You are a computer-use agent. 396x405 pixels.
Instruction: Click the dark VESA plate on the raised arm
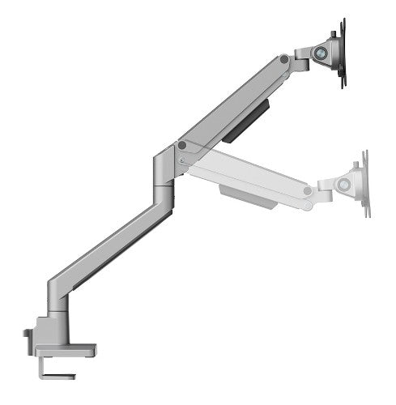coord(341,52)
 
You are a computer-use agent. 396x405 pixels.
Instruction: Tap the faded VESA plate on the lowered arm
coord(364,184)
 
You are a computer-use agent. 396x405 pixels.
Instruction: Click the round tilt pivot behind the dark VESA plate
coord(321,51)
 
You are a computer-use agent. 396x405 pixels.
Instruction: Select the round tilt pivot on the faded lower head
coord(344,185)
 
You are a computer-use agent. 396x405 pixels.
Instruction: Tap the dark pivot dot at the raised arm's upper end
coord(283,60)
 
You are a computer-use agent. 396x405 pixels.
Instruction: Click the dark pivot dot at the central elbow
coord(182,147)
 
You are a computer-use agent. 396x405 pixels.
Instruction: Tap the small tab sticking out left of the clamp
coord(28,333)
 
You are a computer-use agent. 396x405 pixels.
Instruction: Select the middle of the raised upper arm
coord(231,104)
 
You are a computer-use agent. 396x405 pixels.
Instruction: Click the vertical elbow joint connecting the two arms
coord(163,174)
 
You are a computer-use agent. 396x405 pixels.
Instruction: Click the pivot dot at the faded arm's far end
coord(307,191)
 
